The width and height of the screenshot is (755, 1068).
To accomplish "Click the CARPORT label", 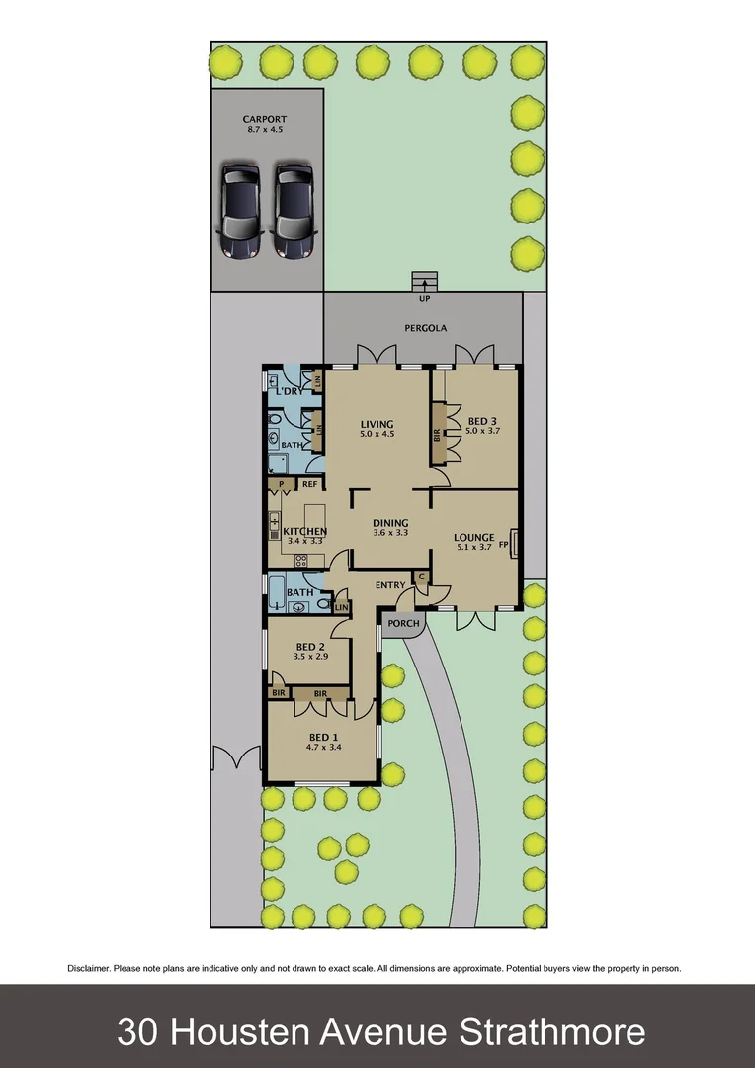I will [265, 119].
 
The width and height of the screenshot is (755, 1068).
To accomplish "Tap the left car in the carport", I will [240, 211].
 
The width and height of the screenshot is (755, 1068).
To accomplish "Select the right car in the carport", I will [294, 211].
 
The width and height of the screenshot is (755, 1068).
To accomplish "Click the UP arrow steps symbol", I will [425, 281].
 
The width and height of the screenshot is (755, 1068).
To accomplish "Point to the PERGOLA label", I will [425, 327].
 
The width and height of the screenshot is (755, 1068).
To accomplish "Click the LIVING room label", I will [377, 425].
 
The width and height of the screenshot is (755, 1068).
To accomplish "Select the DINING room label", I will [390, 523].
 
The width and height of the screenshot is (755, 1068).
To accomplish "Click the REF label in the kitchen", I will [309, 484].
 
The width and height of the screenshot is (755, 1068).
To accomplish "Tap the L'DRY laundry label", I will [288, 392].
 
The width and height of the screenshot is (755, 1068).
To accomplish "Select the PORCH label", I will [403, 624].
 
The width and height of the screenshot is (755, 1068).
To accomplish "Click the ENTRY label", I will [390, 586].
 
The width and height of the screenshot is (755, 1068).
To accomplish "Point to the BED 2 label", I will [311, 647].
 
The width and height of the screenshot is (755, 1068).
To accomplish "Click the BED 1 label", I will [323, 737].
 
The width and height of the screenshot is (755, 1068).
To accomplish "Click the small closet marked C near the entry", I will [422, 576].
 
